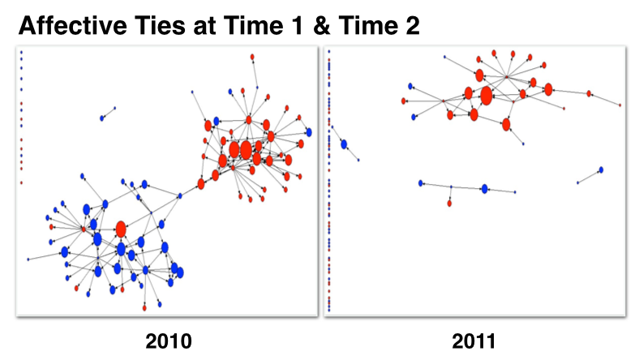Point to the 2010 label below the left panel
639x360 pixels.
[169, 341]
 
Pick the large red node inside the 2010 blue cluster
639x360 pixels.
[121, 229]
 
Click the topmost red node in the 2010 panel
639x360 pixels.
[252, 57]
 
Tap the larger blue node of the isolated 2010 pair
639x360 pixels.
[102, 118]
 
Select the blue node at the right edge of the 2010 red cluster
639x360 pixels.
[308, 132]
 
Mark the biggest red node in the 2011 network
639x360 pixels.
[486, 96]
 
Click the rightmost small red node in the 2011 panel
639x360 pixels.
[620, 105]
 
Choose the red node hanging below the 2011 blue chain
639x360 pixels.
[449, 203]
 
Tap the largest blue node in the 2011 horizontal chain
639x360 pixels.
[484, 189]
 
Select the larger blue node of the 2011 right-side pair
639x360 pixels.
[601, 170]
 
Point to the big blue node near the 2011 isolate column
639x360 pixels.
[344, 144]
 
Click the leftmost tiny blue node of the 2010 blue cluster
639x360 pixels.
[28, 259]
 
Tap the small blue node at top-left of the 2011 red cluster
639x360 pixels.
[411, 86]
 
